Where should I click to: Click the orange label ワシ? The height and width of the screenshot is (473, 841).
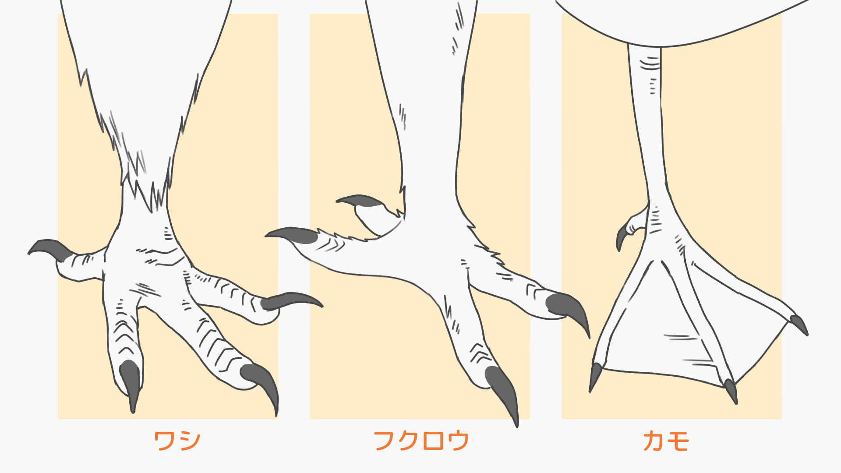177,441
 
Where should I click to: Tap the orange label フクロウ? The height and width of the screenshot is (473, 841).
421,441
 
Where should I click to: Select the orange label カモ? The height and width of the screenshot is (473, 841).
666,441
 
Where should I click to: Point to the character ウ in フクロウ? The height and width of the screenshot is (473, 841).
458,441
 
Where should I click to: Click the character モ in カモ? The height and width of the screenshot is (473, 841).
678,441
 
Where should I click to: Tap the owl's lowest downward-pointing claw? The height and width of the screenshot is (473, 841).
503,390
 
